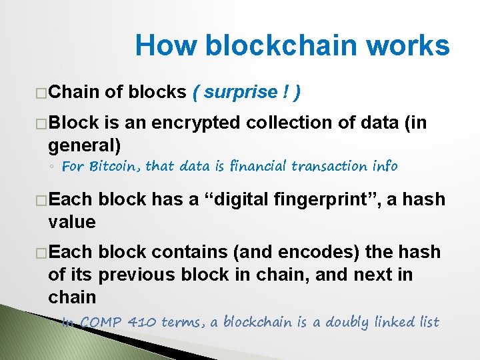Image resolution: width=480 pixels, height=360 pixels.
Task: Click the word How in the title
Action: [x=166, y=46]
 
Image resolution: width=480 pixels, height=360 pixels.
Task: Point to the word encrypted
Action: [x=198, y=123]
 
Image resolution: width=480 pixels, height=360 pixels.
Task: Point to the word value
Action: [x=72, y=221]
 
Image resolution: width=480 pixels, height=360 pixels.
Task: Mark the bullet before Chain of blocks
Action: [x=41, y=93]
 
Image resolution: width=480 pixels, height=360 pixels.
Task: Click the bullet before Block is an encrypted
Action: [x=41, y=124]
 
